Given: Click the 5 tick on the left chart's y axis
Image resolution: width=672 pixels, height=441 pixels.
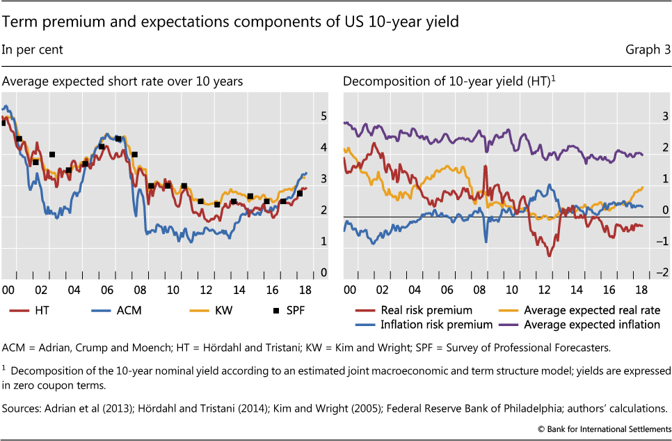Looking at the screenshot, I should coord(323,116).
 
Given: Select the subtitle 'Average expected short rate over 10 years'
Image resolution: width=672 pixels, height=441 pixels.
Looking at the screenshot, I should coord(122,82).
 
